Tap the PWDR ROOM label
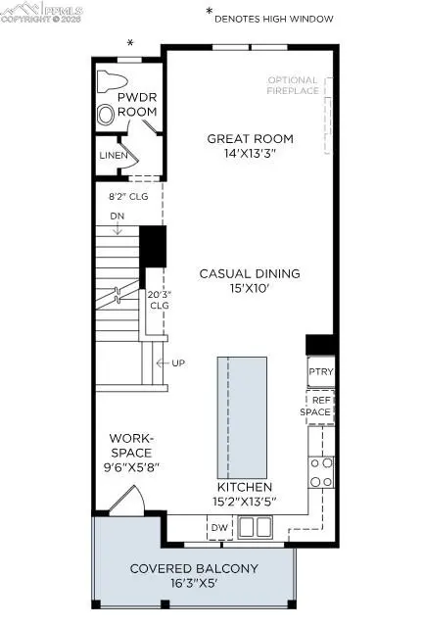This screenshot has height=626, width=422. [137, 106]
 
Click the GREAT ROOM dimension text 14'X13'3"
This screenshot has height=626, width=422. [250, 155]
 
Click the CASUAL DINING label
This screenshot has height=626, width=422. [250, 273]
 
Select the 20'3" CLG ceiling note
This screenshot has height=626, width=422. [161, 298]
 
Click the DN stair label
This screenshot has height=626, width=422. [117, 216]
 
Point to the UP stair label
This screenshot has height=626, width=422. [178, 363]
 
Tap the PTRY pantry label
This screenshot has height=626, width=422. [320, 373]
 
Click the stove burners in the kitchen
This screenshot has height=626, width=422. [320, 471]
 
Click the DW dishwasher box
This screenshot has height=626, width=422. [219, 529]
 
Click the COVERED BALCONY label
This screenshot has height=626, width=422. [194, 568]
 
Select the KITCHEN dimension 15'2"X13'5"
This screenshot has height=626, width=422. [244, 502]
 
